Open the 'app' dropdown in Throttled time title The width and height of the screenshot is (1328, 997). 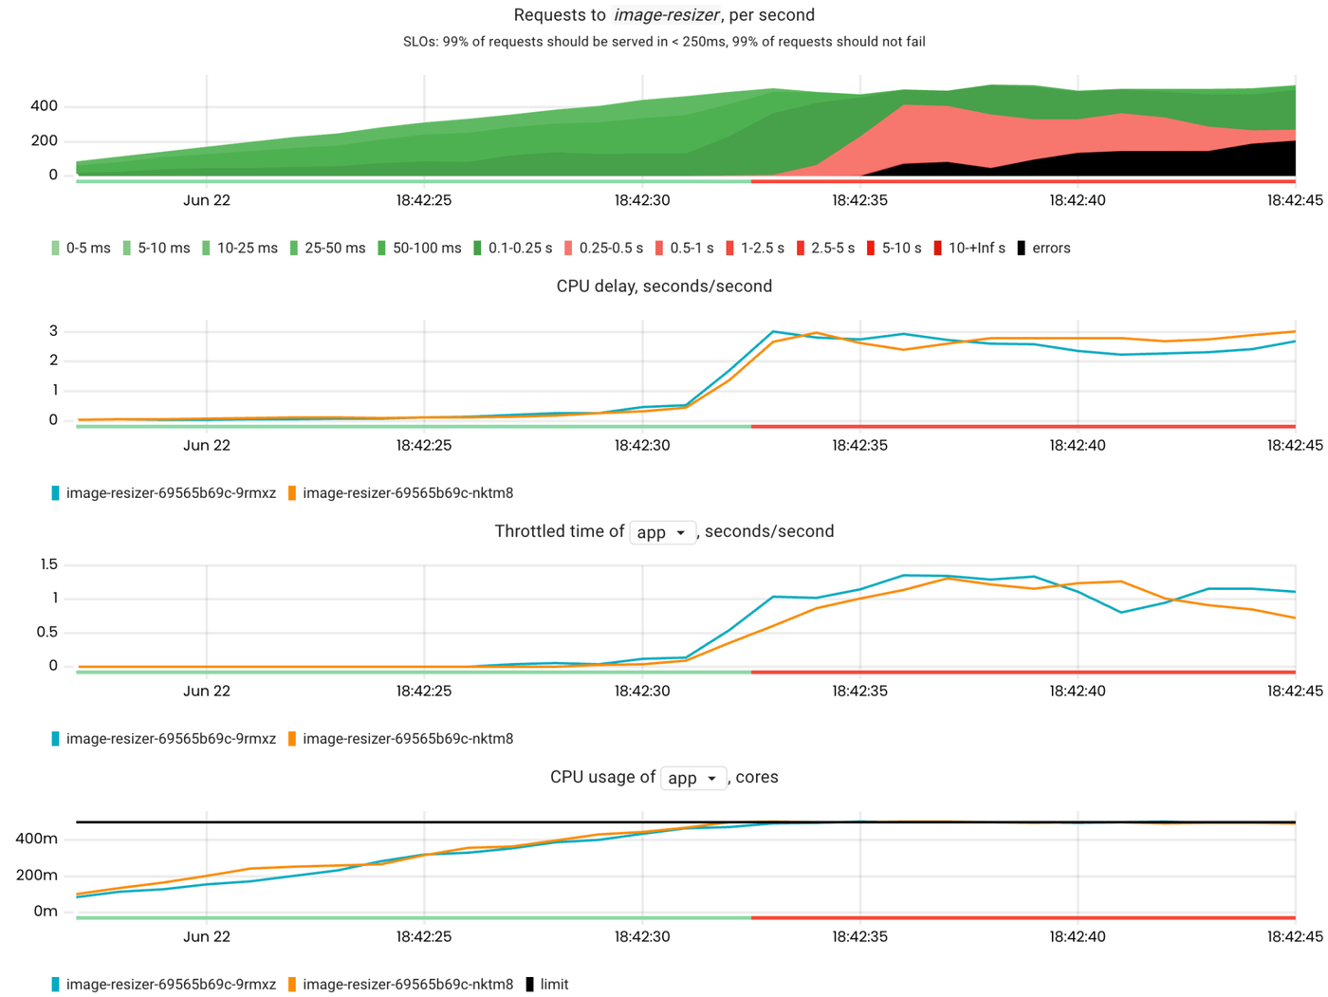[x=662, y=532]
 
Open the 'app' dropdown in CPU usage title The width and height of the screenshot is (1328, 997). [x=692, y=778]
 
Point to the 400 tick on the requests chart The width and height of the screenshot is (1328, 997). [x=44, y=106]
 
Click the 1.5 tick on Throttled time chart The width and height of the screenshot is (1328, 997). [x=48, y=565]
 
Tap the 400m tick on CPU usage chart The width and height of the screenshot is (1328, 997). [x=36, y=839]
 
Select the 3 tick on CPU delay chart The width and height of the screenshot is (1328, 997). [x=53, y=332]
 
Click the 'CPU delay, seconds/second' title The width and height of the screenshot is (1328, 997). [x=664, y=286]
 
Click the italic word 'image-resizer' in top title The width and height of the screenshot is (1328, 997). [x=666, y=15]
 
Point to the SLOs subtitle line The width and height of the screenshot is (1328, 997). [x=664, y=42]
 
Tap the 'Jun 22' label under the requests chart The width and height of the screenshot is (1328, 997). [x=207, y=200]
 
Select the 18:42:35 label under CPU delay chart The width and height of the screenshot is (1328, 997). [x=859, y=446]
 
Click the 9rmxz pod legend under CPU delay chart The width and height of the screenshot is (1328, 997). [x=170, y=493]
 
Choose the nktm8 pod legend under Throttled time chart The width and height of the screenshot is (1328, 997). [x=407, y=739]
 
